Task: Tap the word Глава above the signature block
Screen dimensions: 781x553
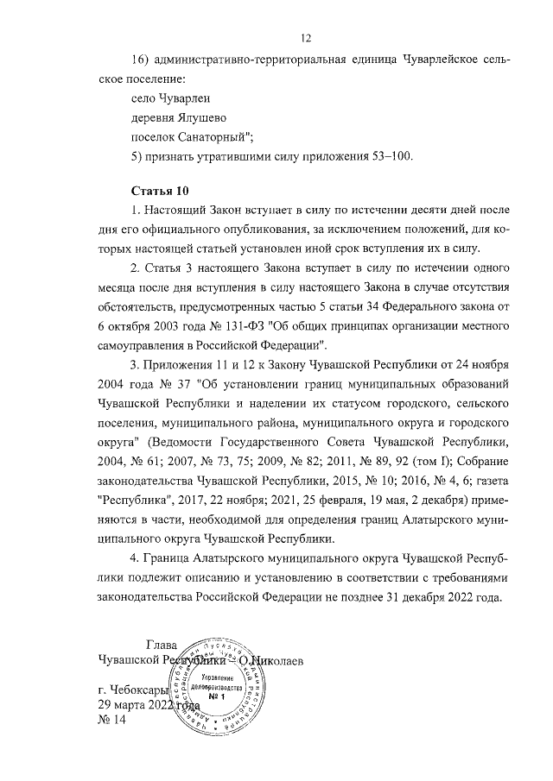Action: click(162, 645)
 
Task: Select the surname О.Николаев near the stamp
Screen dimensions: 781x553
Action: click(270, 661)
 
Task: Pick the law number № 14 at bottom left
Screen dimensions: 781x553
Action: click(112, 721)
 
